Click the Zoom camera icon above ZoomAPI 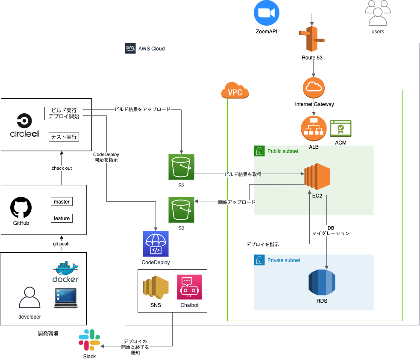[x=266, y=13]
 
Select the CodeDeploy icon [x=156, y=244]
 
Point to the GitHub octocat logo [x=21, y=208]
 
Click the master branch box [x=62, y=201]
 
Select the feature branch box [x=62, y=218]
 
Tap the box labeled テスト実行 [x=64, y=137]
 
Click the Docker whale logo [x=66, y=271]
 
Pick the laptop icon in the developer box [x=66, y=298]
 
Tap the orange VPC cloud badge [x=235, y=91]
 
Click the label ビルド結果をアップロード [x=142, y=109]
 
